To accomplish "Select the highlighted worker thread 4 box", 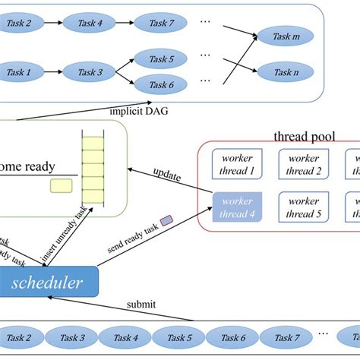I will click(x=238, y=207).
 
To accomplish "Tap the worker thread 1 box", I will click(x=238, y=165).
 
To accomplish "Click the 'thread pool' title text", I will click(x=304, y=137).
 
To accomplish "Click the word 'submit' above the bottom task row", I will click(x=142, y=305).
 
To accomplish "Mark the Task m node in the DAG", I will click(x=285, y=36).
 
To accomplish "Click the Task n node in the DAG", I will click(x=285, y=73).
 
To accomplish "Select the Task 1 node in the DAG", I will click(x=19, y=73).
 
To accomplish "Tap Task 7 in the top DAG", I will click(x=162, y=24).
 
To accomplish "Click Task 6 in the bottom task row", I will click(x=233, y=337).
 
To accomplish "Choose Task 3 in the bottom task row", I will click(x=74, y=337).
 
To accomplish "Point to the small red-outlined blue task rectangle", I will click(x=167, y=221).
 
